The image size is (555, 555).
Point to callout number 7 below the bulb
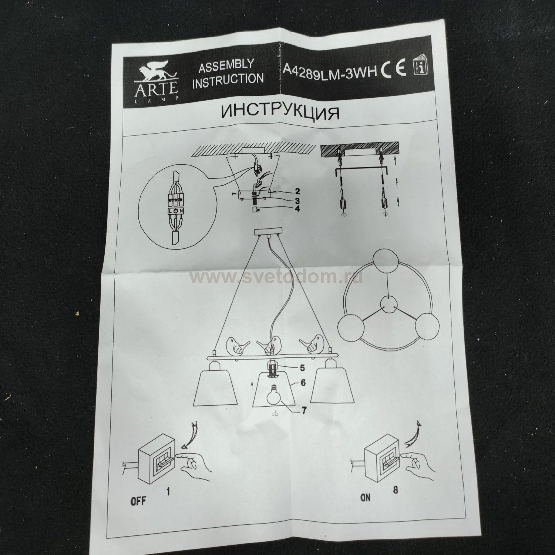click(x=303, y=411)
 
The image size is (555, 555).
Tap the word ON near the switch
click(x=365, y=498)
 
